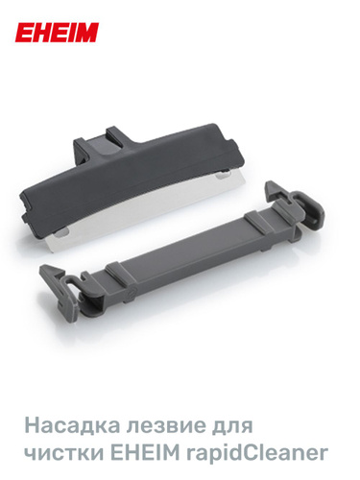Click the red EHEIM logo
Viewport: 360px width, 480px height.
pyautogui.click(x=57, y=33)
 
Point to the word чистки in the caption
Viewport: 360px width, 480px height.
pyautogui.click(x=63, y=453)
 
